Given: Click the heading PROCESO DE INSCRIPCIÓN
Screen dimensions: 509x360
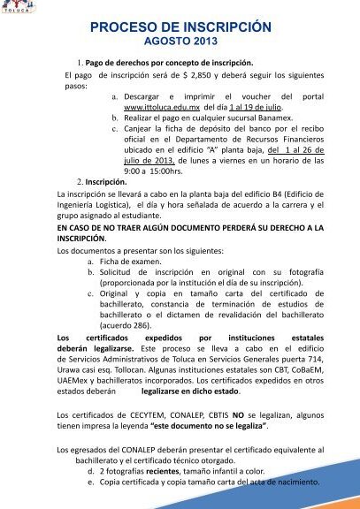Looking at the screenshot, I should point(180,27).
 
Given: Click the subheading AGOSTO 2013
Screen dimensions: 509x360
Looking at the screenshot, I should point(180,42).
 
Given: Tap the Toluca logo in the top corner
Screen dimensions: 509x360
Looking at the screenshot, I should point(14,9).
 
